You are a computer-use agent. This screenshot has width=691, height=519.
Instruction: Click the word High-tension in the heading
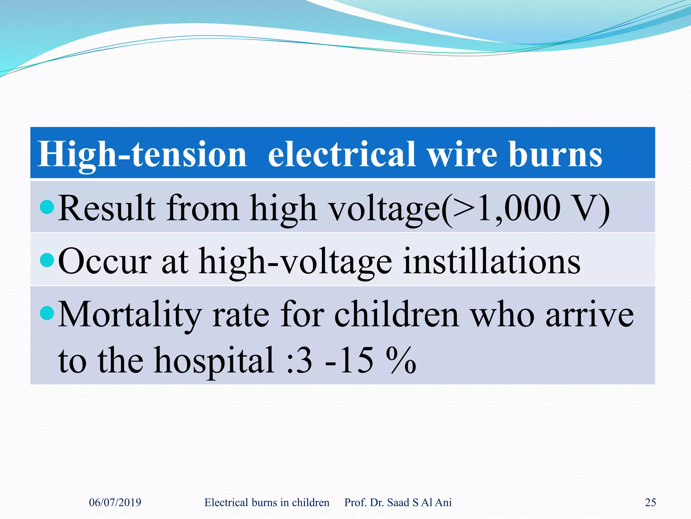pyautogui.click(x=142, y=155)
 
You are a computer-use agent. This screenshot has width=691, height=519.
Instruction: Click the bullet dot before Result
pyautogui.click(x=47, y=207)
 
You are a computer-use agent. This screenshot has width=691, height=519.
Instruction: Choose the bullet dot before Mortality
pyautogui.click(x=47, y=313)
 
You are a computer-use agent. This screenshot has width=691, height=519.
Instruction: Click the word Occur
pyautogui.click(x=105, y=262)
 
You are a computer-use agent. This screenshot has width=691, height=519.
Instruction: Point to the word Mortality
pyautogui.click(x=130, y=315)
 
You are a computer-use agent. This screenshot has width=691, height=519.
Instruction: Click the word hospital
pyautogui.click(x=214, y=361)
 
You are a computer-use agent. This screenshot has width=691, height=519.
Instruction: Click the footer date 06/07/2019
pyautogui.click(x=115, y=502)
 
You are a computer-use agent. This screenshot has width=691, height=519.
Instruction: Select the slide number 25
pyautogui.click(x=650, y=502)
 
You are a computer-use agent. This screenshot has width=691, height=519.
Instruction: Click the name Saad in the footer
pyautogui.click(x=398, y=502)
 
